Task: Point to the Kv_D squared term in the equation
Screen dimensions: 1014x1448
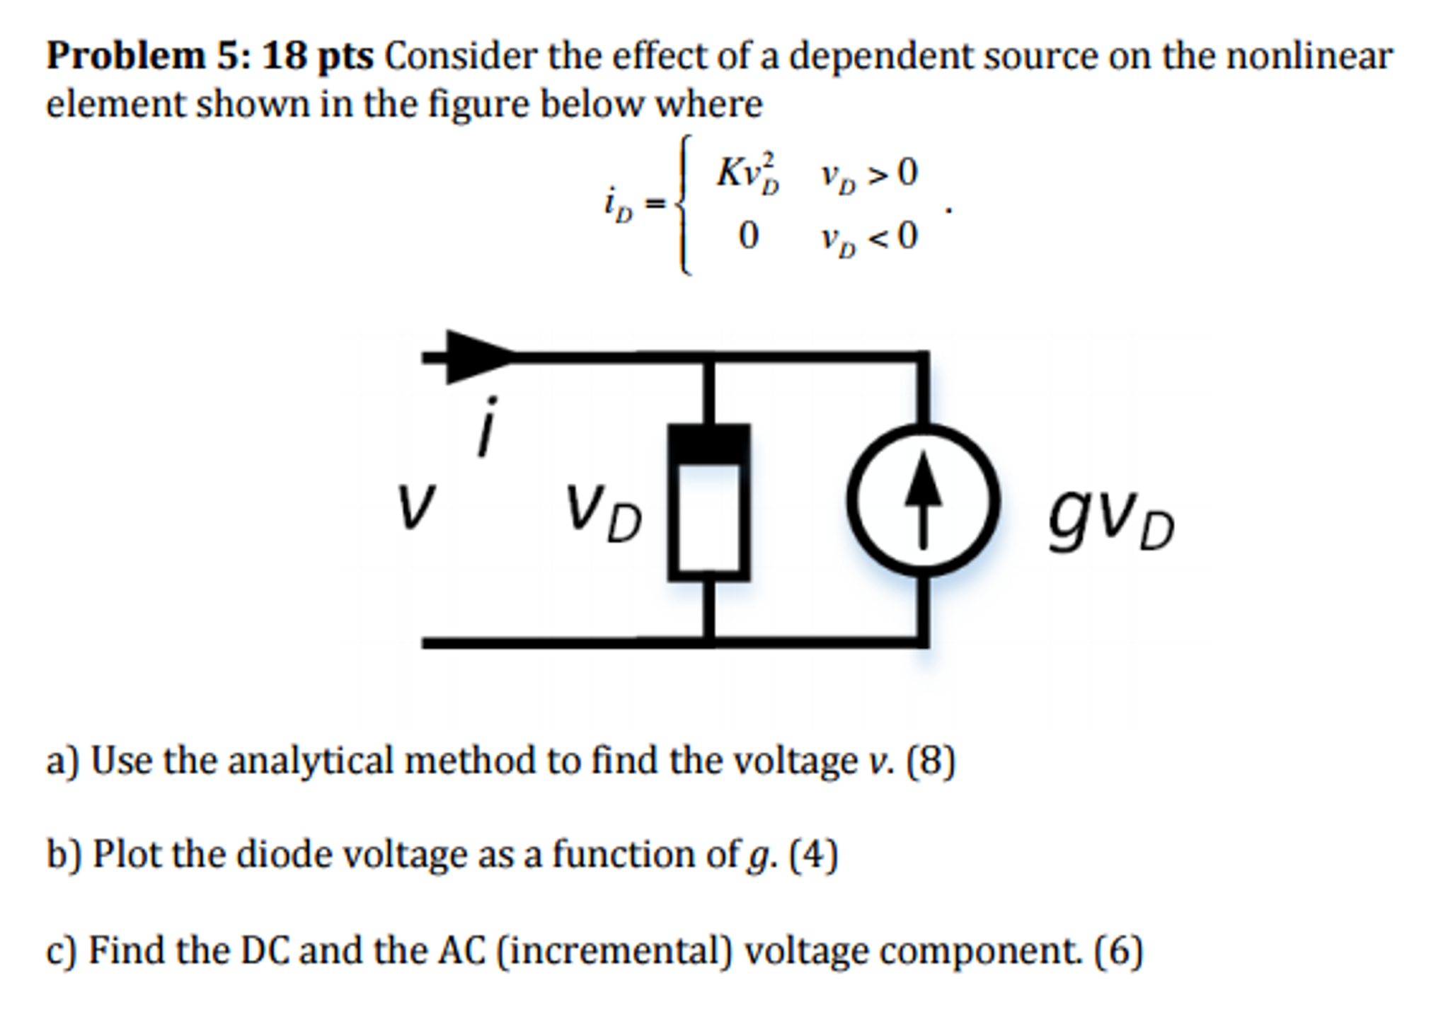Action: (x=747, y=173)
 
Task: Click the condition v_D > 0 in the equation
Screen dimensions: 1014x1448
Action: (x=869, y=174)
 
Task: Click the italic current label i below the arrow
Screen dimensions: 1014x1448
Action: (x=487, y=427)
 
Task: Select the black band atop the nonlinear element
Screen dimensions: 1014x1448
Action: (x=708, y=444)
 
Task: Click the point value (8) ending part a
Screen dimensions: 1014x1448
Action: (x=931, y=761)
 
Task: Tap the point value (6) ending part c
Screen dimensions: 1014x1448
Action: (x=1118, y=950)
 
